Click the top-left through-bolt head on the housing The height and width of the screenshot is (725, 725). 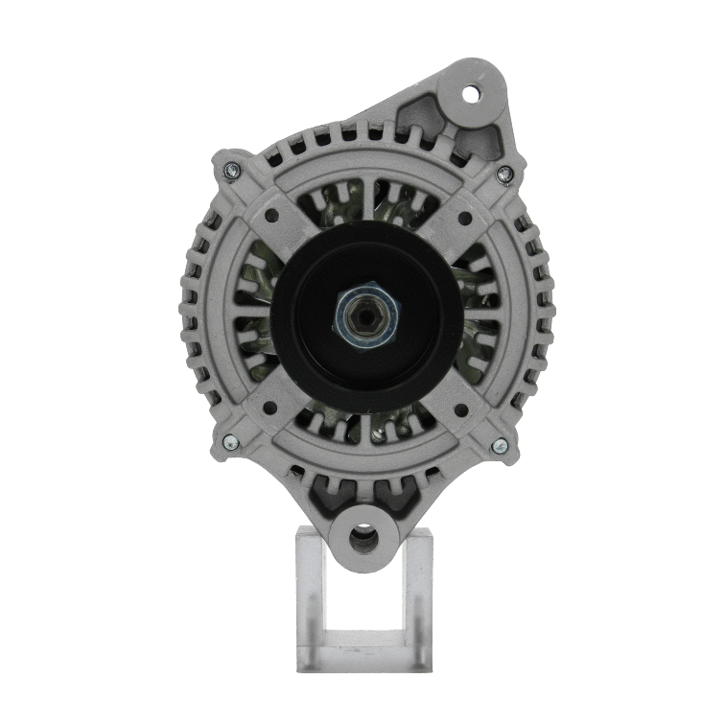pyautogui.click(x=229, y=170)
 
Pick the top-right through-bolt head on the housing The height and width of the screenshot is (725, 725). pyautogui.click(x=503, y=174)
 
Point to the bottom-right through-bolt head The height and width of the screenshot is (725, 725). pyautogui.click(x=499, y=445)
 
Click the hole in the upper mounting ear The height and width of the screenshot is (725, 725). pyautogui.click(x=470, y=94)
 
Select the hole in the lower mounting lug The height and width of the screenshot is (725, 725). pyautogui.click(x=362, y=540)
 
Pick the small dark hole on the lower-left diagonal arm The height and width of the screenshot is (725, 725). pyautogui.click(x=270, y=408)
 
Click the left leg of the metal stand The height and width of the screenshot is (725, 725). pyautogui.click(x=313, y=595)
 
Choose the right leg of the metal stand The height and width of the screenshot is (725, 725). pyautogui.click(x=417, y=595)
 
